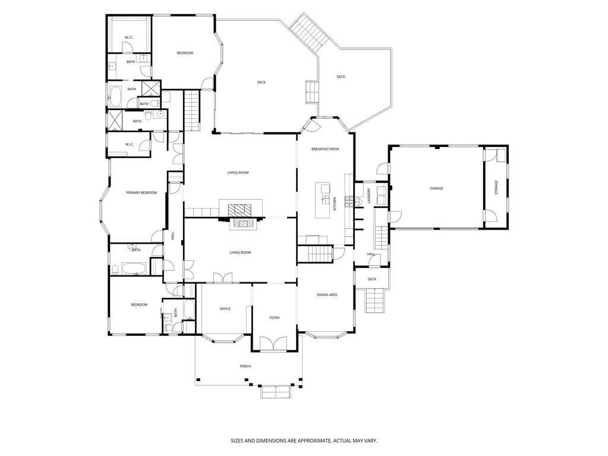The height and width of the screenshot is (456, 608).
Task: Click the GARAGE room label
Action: [436, 188]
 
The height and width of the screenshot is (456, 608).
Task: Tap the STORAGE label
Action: [496, 187]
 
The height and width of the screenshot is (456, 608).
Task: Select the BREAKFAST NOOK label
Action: [325, 149]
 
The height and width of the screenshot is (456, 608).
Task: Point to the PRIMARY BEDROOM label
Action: [141, 193]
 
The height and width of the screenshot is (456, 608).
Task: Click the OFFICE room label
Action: [225, 309]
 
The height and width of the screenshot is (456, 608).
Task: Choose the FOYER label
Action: [275, 318]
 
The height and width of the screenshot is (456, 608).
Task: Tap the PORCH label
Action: [245, 366]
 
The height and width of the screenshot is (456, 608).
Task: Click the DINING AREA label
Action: [327, 295]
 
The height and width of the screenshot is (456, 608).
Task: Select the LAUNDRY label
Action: [369, 196]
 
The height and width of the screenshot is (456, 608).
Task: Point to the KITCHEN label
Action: [335, 204]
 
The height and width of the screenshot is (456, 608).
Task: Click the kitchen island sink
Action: [325, 200]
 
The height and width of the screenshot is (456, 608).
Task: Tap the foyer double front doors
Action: [273, 344]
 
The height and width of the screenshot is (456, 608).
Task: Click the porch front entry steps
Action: [275, 392]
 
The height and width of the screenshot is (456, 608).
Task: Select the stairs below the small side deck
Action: [376, 301]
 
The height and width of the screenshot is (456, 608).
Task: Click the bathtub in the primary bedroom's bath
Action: [134, 268]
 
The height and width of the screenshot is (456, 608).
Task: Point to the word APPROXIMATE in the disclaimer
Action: [313, 441]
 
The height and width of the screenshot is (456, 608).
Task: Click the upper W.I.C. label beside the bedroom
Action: [129, 37]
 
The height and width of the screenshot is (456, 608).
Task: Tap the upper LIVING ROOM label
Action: [238, 172]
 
